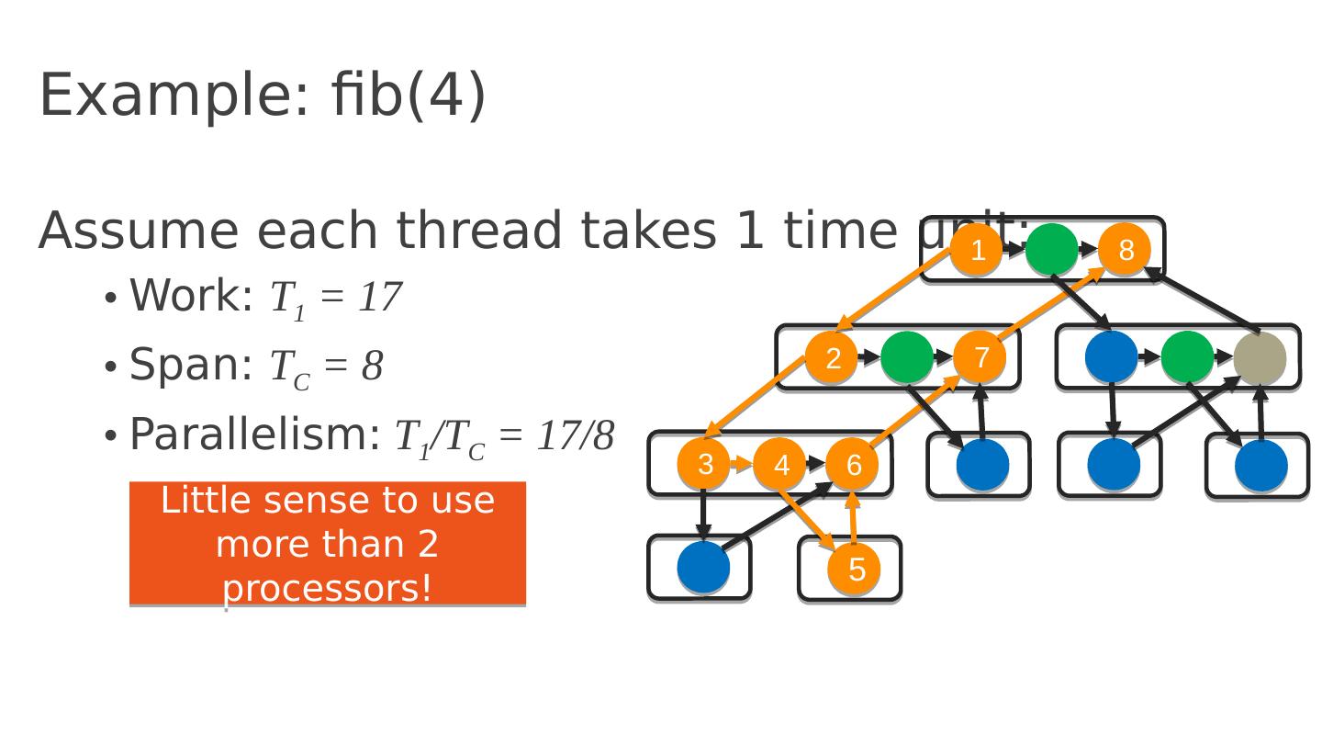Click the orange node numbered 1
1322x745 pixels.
(977, 250)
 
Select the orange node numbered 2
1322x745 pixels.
(832, 358)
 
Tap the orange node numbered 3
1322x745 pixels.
(704, 465)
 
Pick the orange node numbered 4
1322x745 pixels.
(780, 465)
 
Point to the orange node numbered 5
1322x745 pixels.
(855, 570)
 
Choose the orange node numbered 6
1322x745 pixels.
(853, 465)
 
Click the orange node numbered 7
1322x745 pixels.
(980, 357)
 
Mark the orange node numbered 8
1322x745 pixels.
(1126, 250)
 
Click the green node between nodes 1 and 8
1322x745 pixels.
(1051, 250)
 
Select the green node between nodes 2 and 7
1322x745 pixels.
(907, 358)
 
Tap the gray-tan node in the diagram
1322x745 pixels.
(1260, 358)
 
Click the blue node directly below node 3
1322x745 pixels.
(704, 568)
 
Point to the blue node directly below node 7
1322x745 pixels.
(983, 466)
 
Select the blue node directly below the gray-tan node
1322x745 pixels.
(1261, 466)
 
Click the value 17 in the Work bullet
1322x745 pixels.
(379, 297)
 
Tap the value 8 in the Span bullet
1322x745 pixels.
(372, 366)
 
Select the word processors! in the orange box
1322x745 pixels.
(328, 588)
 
